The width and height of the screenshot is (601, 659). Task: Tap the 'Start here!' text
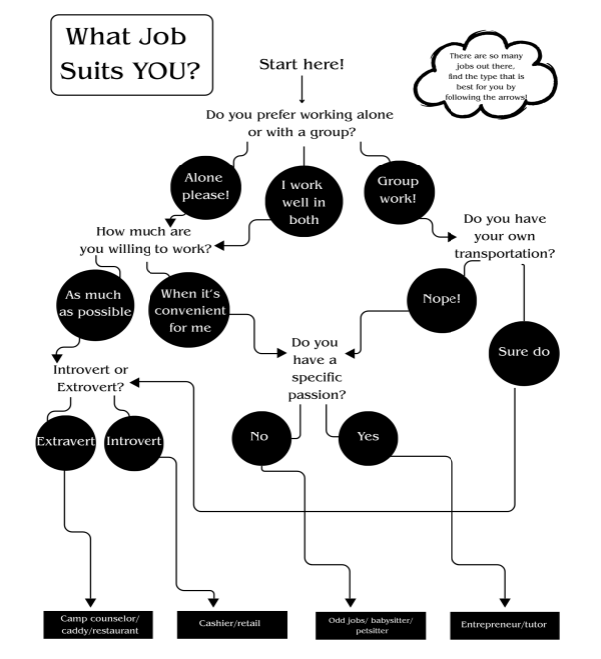[x=301, y=64]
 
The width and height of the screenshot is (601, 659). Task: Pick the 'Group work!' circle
[x=397, y=188]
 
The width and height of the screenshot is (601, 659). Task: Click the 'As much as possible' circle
[x=92, y=304]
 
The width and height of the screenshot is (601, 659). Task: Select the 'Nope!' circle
[x=442, y=299]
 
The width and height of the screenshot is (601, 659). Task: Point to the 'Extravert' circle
[x=63, y=440]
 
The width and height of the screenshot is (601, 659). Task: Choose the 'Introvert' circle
[x=134, y=440]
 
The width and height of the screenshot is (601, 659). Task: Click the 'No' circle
[x=260, y=436]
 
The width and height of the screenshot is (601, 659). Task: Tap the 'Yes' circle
[x=367, y=436]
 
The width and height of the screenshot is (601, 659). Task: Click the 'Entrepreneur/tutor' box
[x=503, y=624]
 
